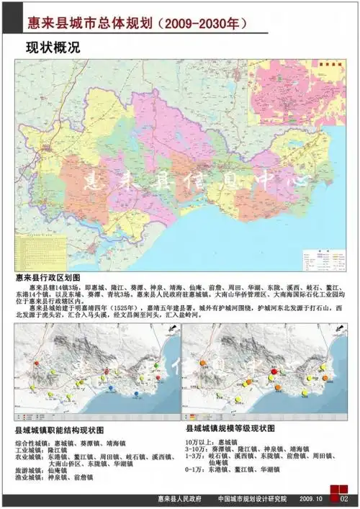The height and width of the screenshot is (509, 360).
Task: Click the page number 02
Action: click(343, 499)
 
